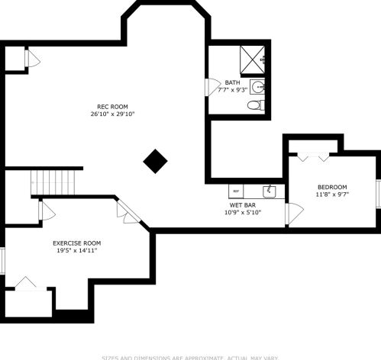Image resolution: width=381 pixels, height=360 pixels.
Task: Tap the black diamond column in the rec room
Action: (156, 161)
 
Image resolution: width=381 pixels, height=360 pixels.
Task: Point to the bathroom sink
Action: (259, 87)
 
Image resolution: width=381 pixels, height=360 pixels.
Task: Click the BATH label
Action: (232, 82)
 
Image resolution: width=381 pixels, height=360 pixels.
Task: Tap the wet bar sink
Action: (269, 190)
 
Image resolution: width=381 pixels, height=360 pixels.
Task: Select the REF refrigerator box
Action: (236, 191)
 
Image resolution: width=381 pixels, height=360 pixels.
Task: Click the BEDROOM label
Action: (332, 187)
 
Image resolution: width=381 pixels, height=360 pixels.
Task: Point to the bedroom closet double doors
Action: (313, 156)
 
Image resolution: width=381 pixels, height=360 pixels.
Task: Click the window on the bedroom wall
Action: (377, 193)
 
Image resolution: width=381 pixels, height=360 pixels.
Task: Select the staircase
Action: (55, 182)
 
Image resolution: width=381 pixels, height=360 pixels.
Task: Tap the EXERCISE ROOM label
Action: (76, 243)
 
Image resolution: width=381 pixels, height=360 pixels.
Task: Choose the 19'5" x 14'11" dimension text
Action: (76, 250)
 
